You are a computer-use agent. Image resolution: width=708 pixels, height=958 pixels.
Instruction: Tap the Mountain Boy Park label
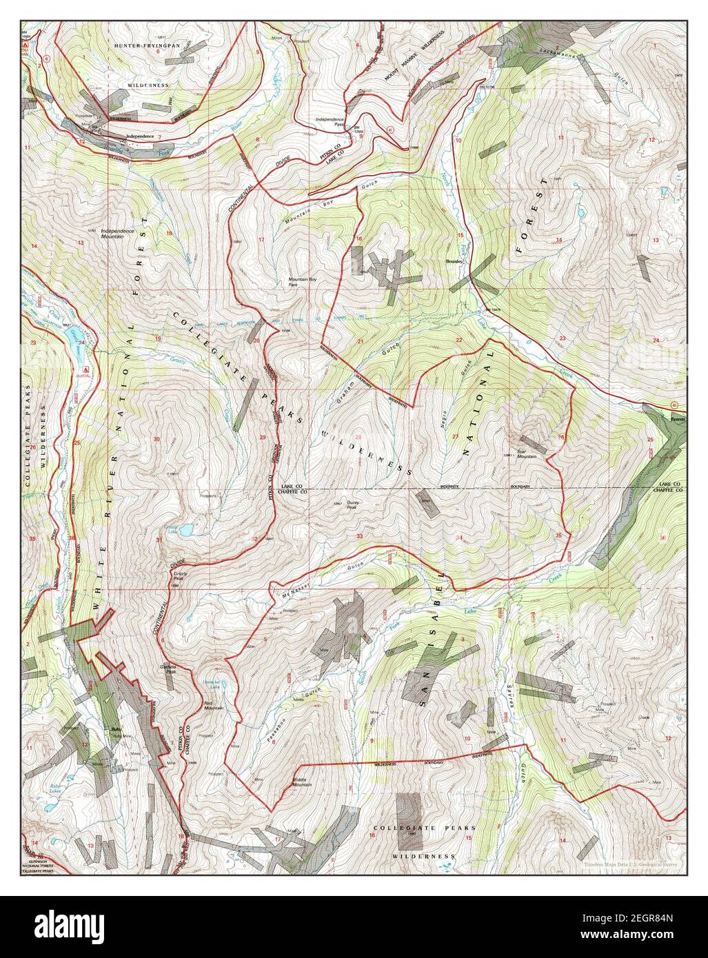pyautogui.click(x=302, y=281)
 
